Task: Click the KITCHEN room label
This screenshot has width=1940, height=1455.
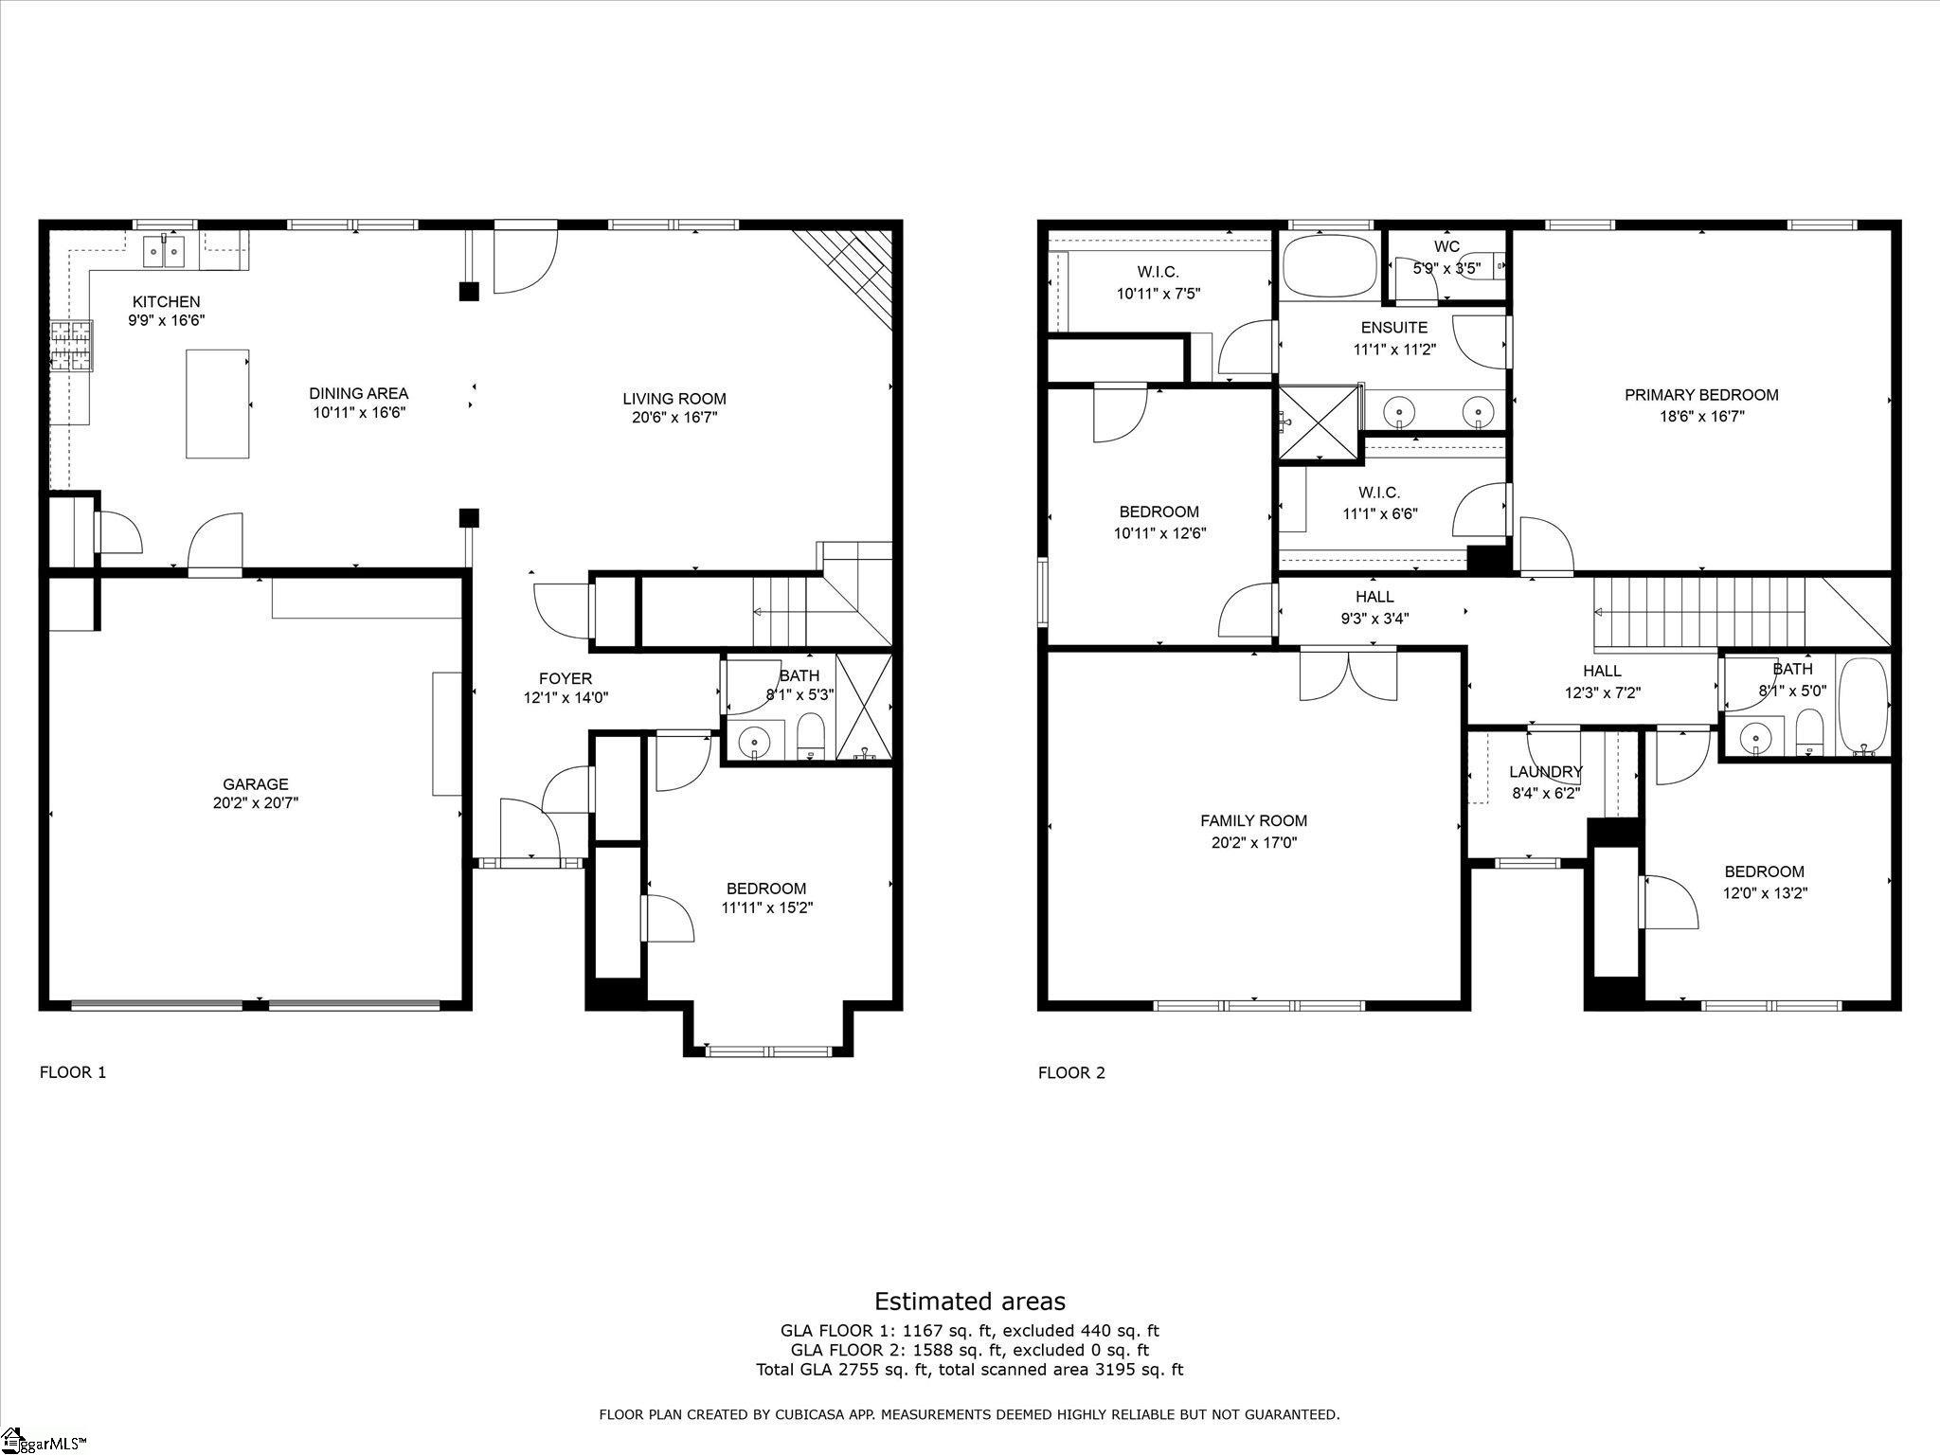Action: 167,302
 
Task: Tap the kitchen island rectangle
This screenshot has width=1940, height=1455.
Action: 218,404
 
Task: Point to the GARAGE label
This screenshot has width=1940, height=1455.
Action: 256,784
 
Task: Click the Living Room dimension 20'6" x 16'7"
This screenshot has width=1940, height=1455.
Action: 674,417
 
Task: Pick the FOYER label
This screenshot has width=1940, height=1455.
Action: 566,678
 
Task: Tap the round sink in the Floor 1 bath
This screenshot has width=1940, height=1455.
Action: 755,739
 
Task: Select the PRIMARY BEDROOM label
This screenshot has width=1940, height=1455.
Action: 1701,395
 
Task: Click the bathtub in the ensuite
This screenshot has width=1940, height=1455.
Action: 1329,265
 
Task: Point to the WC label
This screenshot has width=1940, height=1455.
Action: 1446,247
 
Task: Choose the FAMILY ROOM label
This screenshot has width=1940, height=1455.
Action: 1254,821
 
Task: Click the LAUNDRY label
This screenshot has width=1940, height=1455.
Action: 1546,772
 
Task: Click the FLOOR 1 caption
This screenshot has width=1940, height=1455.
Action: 73,1072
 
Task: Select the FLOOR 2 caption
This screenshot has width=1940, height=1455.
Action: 1071,1072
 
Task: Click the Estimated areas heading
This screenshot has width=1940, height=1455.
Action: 970,1302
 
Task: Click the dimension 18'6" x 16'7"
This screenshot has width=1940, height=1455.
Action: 1701,416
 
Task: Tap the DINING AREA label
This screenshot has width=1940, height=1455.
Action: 359,393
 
